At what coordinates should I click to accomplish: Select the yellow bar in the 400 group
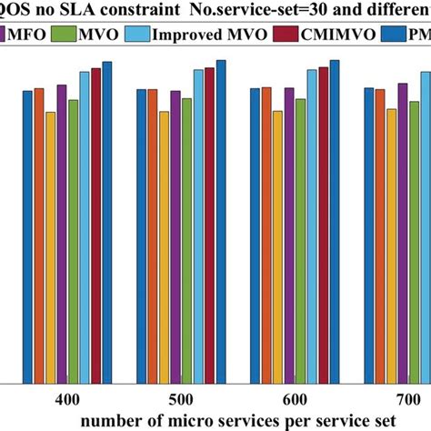(x=51, y=246)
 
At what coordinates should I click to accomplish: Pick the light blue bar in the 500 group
(x=198, y=226)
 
